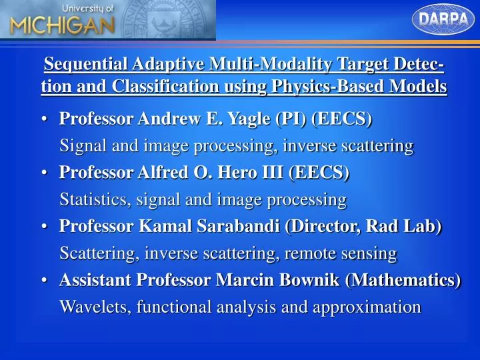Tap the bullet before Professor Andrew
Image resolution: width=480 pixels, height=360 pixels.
[x=44, y=119]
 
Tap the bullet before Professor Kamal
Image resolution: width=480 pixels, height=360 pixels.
[x=44, y=227]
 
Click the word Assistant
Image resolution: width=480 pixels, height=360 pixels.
[x=95, y=280]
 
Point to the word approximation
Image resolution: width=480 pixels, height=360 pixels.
[x=375, y=307]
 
